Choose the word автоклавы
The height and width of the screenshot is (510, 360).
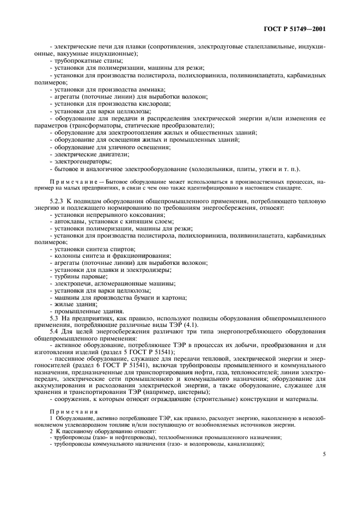(x=69, y=223)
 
